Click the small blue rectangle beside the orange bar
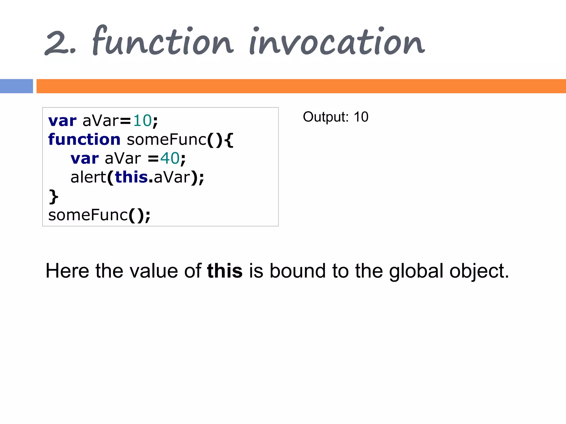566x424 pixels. coord(16,86)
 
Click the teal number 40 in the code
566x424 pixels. coord(170,158)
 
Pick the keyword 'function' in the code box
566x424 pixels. coord(84,139)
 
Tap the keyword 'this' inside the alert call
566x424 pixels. coord(131,177)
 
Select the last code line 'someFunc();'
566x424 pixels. coord(99,215)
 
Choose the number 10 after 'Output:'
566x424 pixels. coord(361,117)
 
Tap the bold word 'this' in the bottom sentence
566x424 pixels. coord(225,271)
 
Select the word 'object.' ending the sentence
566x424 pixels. coord(479,271)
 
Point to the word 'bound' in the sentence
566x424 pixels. coord(298,271)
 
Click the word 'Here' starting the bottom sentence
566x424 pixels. coord(67,271)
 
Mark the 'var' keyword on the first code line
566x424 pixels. coord(62,121)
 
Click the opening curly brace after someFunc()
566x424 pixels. coord(229,140)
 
